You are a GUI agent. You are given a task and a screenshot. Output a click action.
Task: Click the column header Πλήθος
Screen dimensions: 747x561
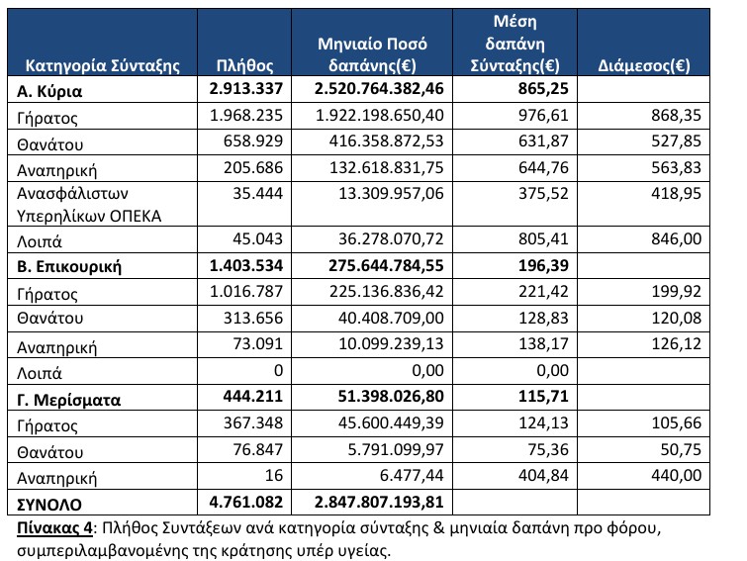[x=244, y=65]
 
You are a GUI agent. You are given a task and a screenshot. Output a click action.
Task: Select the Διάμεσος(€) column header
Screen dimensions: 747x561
[x=644, y=65]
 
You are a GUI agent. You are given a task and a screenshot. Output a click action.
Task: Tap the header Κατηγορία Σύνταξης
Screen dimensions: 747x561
[x=103, y=65]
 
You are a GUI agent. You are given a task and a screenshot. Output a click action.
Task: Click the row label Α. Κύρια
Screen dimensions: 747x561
[x=49, y=90]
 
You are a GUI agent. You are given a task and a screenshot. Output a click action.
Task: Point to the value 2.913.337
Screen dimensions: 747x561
[x=245, y=89]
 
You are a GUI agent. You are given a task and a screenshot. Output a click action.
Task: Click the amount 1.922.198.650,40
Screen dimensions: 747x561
[x=380, y=115]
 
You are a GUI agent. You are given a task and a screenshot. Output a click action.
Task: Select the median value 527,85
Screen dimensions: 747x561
[x=676, y=141]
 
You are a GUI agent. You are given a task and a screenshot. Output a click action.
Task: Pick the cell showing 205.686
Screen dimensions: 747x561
[x=253, y=167]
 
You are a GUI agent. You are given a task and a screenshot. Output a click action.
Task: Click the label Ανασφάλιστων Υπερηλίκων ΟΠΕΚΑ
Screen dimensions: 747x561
[x=89, y=205]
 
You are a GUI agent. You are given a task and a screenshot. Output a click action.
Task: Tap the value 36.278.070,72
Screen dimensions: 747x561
[x=391, y=238]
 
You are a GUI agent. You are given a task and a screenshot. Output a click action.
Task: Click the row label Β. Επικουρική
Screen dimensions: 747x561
[x=69, y=266]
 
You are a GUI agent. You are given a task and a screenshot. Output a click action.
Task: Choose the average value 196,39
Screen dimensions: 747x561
[x=543, y=265]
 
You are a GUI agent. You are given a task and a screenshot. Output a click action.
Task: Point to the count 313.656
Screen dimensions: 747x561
[x=253, y=318]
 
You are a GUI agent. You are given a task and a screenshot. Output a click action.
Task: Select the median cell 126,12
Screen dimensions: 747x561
[x=676, y=344]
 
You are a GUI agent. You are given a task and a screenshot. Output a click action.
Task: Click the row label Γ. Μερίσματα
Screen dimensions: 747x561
[x=68, y=400]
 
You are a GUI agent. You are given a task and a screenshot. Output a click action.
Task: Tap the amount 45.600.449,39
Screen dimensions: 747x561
[x=391, y=422]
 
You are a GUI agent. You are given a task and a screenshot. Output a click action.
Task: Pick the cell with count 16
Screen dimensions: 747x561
[x=274, y=475]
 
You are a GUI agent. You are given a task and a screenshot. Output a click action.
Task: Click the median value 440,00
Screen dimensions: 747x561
[x=676, y=475]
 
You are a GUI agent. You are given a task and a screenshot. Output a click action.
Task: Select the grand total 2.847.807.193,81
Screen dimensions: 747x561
[x=379, y=502]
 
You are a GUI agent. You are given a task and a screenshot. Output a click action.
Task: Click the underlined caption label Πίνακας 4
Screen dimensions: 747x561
[x=54, y=528]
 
